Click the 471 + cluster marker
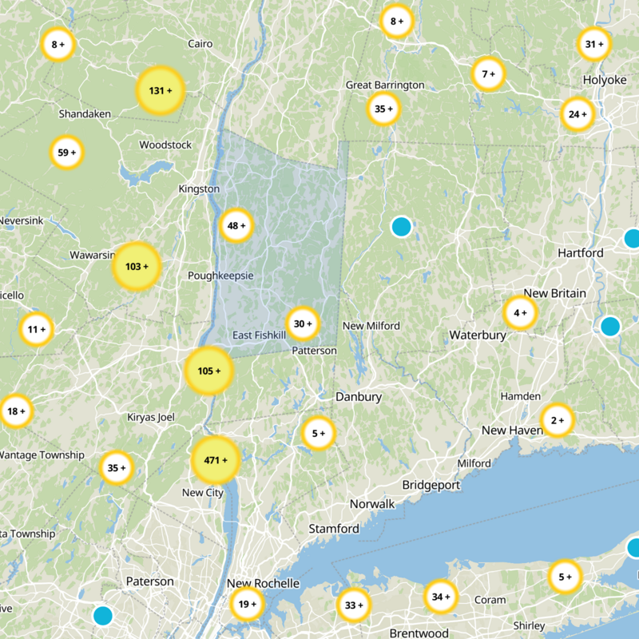[x=216, y=461]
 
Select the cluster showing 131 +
[x=161, y=91]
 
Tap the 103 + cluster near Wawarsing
[x=137, y=265]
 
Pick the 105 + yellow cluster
[x=208, y=371]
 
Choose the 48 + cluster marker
[x=236, y=226]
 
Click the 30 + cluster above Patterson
[x=303, y=324]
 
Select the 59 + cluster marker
[x=67, y=153]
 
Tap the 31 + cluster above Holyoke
[x=594, y=45]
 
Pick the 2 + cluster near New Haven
[x=557, y=420]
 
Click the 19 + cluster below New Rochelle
[x=247, y=605]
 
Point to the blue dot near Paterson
[x=102, y=616]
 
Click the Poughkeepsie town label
[x=220, y=276]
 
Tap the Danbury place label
[x=359, y=397]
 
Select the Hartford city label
[x=581, y=253]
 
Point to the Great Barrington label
[x=383, y=85]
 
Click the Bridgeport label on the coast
[x=431, y=485]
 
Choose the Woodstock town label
[x=165, y=145]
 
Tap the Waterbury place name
[x=478, y=335]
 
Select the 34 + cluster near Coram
[x=441, y=596]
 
